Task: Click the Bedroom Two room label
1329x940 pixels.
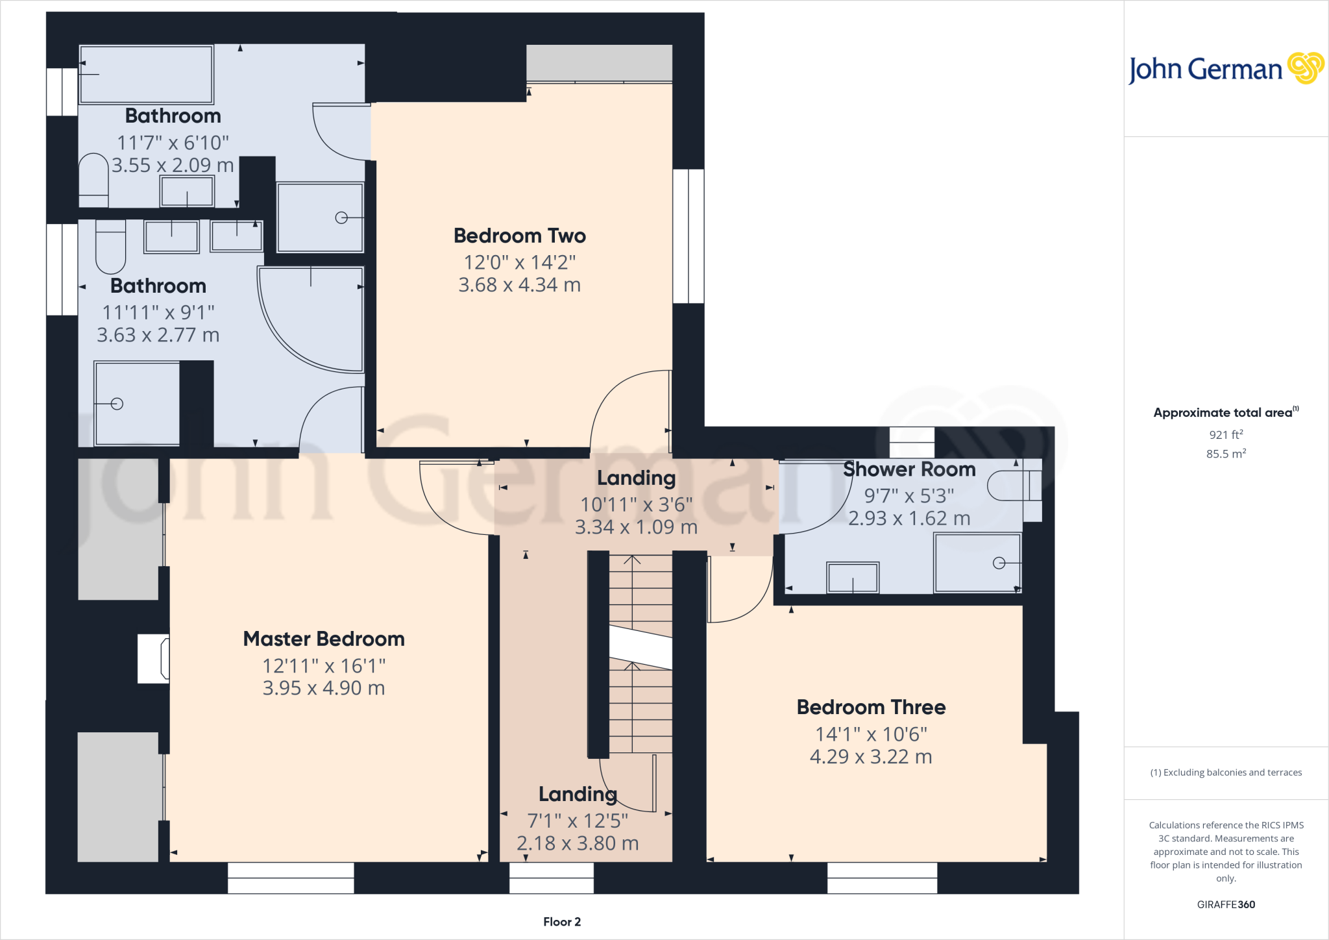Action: [x=520, y=236]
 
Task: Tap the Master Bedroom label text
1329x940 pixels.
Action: [x=324, y=639]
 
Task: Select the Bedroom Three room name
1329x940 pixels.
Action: [x=871, y=707]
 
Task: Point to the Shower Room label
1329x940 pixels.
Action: [x=909, y=469]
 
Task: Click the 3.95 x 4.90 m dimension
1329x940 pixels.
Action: [x=324, y=688]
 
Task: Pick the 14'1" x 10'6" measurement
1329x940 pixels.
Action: [x=871, y=734]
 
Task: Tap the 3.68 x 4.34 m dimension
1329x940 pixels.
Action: [x=519, y=285]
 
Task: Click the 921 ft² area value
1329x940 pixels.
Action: [x=1226, y=434]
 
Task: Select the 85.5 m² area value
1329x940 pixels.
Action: [x=1226, y=453]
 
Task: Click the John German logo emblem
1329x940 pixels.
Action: [x=1306, y=68]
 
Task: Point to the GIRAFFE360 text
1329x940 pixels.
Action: [x=1226, y=904]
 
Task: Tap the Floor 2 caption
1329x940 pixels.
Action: [x=562, y=922]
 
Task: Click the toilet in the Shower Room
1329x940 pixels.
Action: [x=1014, y=486]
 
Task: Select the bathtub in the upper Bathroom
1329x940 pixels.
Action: [x=146, y=75]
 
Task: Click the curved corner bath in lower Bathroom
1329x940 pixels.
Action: [x=310, y=319]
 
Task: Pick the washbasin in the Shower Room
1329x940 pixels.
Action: [x=853, y=577]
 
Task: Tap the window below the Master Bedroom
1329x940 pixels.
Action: [x=291, y=878]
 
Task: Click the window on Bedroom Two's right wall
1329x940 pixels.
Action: [x=689, y=236]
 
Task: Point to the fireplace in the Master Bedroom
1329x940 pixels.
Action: [x=154, y=658]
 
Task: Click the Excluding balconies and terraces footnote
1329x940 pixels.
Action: [x=1226, y=773]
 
